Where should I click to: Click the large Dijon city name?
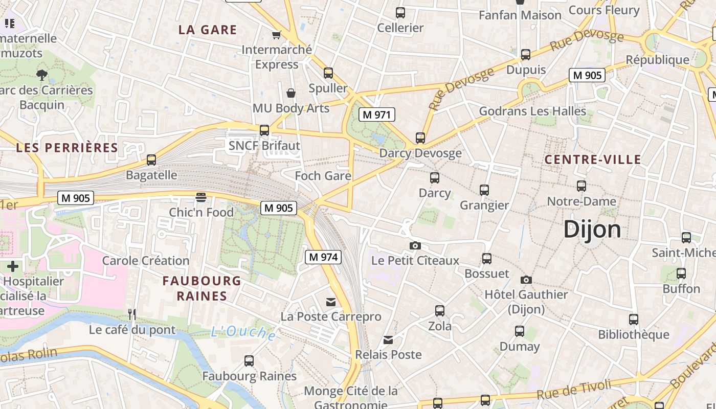(592, 230)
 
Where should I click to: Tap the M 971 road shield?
(377, 115)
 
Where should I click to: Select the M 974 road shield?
(323, 257)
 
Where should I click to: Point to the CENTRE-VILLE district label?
(593, 160)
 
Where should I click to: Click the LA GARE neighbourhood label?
(208, 30)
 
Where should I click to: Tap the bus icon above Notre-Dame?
(581, 186)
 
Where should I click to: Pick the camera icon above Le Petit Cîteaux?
(415, 246)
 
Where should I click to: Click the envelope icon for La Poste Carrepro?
(331, 302)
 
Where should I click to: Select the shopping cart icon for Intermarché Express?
(277, 35)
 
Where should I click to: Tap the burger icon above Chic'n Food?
(201, 197)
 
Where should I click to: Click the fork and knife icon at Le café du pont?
(132, 314)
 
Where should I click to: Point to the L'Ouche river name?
(243, 333)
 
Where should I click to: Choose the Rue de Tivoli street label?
(574, 390)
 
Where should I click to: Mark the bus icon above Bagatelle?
(151, 160)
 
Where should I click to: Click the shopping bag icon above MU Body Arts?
(291, 93)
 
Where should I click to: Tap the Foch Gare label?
(323, 176)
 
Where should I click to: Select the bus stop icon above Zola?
(440, 311)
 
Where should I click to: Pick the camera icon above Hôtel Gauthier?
(526, 280)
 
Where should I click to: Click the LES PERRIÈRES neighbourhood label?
(67, 148)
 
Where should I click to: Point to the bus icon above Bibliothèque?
(634, 320)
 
